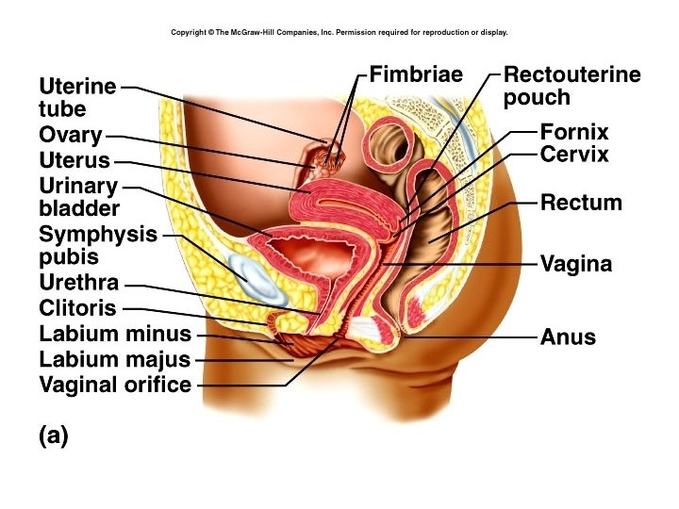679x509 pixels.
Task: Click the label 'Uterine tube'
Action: pyautogui.click(x=77, y=97)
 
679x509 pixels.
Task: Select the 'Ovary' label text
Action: pyautogui.click(x=70, y=136)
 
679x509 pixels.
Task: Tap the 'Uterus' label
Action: pyautogui.click(x=75, y=160)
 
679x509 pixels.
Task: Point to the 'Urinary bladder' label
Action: pyautogui.click(x=79, y=197)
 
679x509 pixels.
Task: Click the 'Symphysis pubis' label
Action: pyautogui.click(x=97, y=245)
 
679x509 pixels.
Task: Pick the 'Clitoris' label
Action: pyautogui.click(x=77, y=308)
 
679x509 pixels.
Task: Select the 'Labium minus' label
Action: pyautogui.click(x=114, y=334)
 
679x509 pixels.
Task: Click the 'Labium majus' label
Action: pyautogui.click(x=114, y=359)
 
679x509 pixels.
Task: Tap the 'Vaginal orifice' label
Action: pyautogui.click(x=114, y=385)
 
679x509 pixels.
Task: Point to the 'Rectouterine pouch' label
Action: pyautogui.click(x=571, y=86)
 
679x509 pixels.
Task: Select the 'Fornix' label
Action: pyautogui.click(x=574, y=132)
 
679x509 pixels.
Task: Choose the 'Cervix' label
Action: pyautogui.click(x=574, y=155)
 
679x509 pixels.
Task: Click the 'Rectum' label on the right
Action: pyautogui.click(x=581, y=203)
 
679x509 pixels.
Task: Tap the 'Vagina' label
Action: pyautogui.click(x=575, y=265)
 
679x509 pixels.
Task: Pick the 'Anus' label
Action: pyautogui.click(x=568, y=337)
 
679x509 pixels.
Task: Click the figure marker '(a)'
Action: pyautogui.click(x=54, y=436)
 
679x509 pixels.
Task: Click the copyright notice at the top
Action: pyautogui.click(x=339, y=32)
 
